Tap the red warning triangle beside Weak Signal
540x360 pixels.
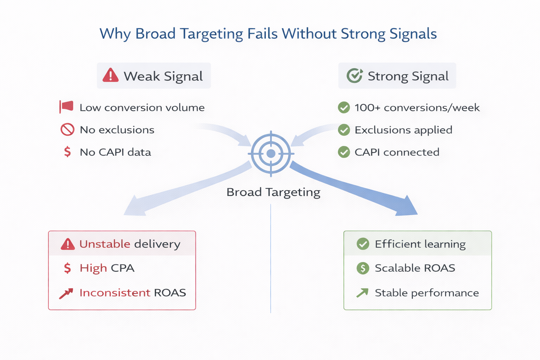click(110, 75)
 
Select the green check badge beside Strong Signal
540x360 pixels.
click(354, 76)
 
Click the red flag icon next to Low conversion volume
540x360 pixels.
click(66, 107)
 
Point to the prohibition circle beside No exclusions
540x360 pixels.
click(67, 130)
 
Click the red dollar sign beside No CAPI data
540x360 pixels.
click(67, 152)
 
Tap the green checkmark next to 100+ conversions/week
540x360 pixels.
click(344, 108)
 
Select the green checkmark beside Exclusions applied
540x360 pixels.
click(344, 130)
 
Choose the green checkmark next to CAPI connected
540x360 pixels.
click(344, 152)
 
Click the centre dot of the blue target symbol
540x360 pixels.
click(271, 154)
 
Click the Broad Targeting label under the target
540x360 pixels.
click(273, 192)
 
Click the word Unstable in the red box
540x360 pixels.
click(105, 244)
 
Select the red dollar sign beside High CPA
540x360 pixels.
click(67, 268)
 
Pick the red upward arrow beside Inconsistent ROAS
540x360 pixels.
click(66, 293)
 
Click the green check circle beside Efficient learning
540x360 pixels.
click(363, 244)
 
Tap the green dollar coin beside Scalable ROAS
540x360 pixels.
click(363, 268)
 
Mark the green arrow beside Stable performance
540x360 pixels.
click(362, 293)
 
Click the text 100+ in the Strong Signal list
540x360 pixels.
click(367, 108)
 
